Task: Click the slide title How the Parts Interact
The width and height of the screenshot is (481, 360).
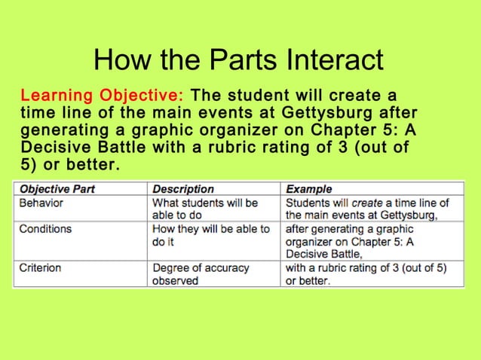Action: coord(240,59)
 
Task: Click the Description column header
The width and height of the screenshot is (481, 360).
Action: coord(183,189)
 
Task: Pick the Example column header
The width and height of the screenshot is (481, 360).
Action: coord(308,189)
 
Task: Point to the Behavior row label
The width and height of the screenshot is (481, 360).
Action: coord(41,203)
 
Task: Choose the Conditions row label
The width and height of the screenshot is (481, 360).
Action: coord(45,228)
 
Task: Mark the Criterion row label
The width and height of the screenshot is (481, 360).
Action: coord(41,267)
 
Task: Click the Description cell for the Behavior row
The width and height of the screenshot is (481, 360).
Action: coord(205,209)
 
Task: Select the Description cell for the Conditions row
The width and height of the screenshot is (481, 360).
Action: coord(210,235)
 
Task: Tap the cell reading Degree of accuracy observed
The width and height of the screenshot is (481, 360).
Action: coord(201,274)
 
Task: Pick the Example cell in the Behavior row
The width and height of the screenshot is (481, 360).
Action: coord(367,209)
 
